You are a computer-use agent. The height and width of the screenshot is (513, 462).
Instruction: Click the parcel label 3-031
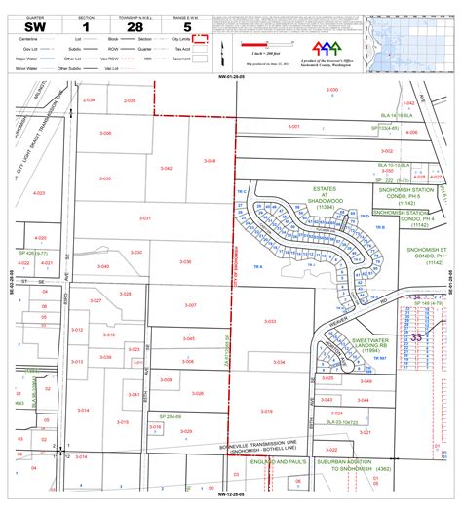[145, 217]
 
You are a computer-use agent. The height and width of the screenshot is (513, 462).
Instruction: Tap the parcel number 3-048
[210, 160]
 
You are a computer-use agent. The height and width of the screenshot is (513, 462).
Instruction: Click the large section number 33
[417, 335]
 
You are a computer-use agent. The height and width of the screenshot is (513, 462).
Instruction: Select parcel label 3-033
[270, 321]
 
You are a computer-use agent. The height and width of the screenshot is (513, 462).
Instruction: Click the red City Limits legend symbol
[200, 40]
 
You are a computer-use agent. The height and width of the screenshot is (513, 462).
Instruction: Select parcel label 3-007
[190, 305]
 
